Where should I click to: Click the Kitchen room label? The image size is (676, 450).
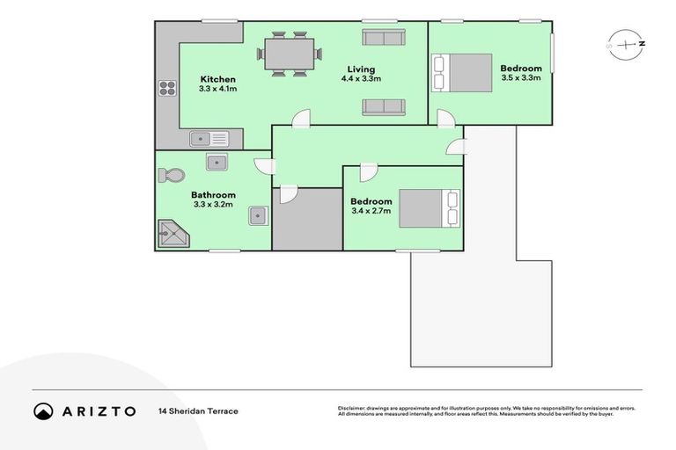click(217, 79)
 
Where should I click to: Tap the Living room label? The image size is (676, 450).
click(358, 69)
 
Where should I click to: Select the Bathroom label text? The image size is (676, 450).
click(213, 195)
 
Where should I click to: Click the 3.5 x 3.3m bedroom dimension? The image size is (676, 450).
click(520, 78)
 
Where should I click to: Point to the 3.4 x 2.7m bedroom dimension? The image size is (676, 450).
click(371, 212)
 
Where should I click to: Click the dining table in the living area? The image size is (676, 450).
click(289, 54)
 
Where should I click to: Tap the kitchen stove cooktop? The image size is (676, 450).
click(167, 88)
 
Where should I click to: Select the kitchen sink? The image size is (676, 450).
click(209, 139)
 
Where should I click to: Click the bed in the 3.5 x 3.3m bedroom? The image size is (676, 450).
click(461, 72)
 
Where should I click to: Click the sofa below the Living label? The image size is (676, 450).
click(383, 107)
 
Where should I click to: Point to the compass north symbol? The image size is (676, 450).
click(626, 42)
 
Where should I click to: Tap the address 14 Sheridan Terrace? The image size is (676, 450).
click(198, 411)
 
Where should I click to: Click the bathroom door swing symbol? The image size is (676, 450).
click(262, 166)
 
